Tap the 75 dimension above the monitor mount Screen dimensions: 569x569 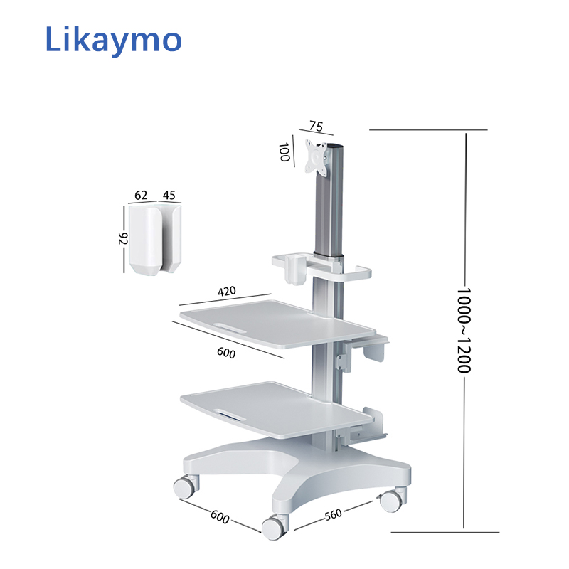point(316,127)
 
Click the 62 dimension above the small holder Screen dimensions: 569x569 point(141,195)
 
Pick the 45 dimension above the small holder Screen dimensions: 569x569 point(169,195)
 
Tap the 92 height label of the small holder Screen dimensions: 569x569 point(122,238)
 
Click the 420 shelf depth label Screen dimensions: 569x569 point(227,291)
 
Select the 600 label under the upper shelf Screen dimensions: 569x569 point(225,352)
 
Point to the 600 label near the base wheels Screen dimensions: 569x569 point(220,517)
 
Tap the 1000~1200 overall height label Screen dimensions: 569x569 point(463,331)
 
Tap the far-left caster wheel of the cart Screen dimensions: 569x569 point(184,487)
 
